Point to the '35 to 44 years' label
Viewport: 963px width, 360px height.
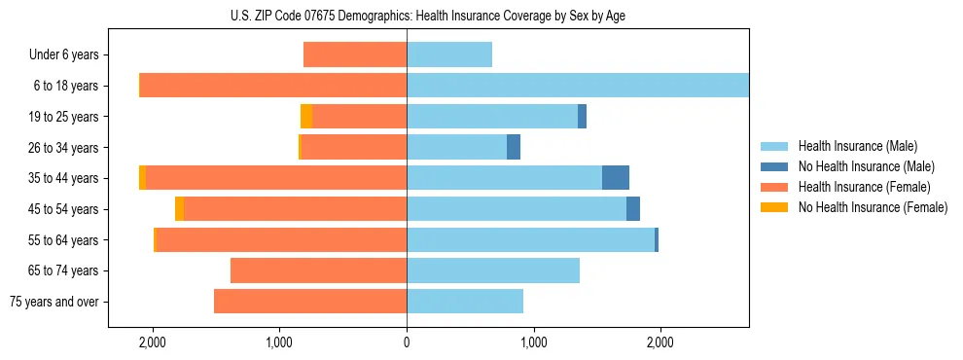point(65,178)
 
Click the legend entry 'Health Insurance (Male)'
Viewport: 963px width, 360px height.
point(857,146)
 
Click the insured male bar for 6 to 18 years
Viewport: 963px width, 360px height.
point(578,86)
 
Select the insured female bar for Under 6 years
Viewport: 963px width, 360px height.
point(355,54)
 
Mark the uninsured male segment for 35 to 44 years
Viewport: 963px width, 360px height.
point(616,178)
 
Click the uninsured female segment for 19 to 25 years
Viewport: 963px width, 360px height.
point(306,117)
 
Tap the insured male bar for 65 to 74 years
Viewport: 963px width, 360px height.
point(493,270)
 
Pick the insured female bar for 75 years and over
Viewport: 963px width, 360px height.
point(310,302)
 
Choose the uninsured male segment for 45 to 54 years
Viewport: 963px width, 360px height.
point(633,209)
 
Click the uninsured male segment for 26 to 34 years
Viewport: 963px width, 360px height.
point(514,147)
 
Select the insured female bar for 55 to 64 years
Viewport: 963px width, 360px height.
point(281,239)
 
